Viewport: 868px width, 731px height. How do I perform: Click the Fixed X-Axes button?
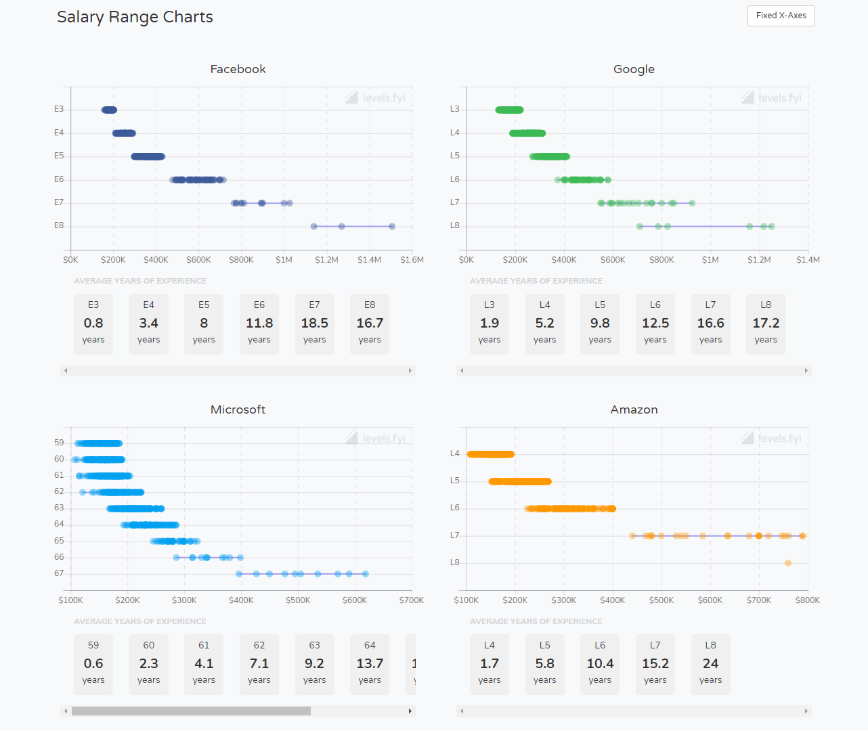coord(781,16)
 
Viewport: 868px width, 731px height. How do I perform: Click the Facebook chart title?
coord(238,69)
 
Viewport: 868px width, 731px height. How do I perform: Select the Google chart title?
coord(634,69)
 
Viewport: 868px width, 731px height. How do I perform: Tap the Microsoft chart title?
coord(238,409)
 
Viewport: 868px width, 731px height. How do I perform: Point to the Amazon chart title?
coord(634,409)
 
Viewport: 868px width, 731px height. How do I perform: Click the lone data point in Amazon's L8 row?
coord(788,563)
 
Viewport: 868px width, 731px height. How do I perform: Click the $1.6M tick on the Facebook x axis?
coord(412,260)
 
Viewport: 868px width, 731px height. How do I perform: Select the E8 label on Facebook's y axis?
coord(59,225)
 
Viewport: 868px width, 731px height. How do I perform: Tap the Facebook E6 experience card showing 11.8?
coord(259,323)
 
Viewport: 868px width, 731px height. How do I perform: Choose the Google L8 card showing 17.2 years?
coord(766,323)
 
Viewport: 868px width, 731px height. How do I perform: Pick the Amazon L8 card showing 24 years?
coord(710,663)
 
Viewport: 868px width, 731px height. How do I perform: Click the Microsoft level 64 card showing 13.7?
coord(370,663)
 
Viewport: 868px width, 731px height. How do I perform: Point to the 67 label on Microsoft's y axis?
coord(59,573)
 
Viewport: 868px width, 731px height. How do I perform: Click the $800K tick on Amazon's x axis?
coord(807,600)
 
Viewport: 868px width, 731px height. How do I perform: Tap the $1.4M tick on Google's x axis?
coord(808,260)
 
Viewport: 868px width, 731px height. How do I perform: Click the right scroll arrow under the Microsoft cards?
coord(410,711)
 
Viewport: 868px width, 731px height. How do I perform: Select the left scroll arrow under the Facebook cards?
coord(66,371)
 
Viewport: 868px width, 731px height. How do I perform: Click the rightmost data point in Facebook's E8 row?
coord(392,227)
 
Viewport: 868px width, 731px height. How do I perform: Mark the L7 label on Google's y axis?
coord(454,202)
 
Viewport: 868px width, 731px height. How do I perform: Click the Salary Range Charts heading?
coord(135,17)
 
